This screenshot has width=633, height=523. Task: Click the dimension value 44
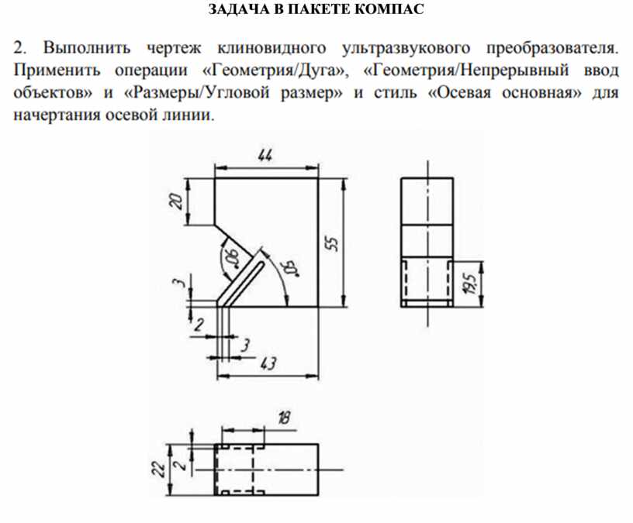coord(265,156)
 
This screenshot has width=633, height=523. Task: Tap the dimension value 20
coord(176,201)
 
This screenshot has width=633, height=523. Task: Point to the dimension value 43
coord(268,363)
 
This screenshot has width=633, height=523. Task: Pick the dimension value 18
coord(284,418)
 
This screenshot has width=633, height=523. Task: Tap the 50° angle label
coord(292,269)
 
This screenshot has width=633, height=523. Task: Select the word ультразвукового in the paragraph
coord(406,48)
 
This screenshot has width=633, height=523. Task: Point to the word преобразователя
coord(552,48)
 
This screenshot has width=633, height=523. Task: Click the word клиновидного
coord(272,48)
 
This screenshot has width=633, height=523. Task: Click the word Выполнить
coord(87,48)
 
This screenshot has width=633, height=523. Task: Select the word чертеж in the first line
coord(174,48)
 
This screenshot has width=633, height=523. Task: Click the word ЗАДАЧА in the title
coord(238,9)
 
